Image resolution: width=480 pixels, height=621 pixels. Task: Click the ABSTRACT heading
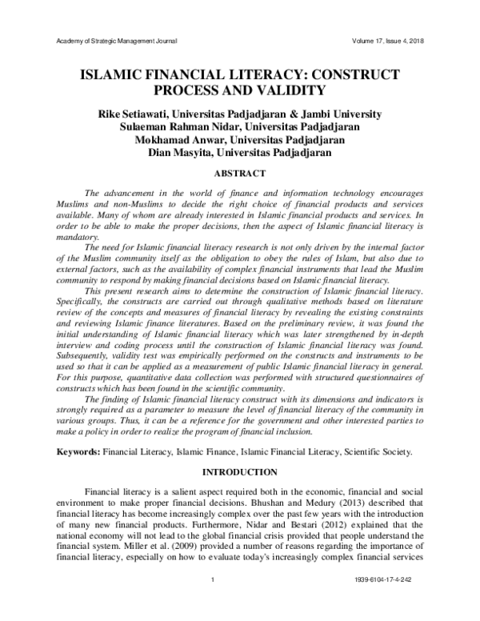click(240, 172)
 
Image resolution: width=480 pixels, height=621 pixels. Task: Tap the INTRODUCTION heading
click(240, 472)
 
